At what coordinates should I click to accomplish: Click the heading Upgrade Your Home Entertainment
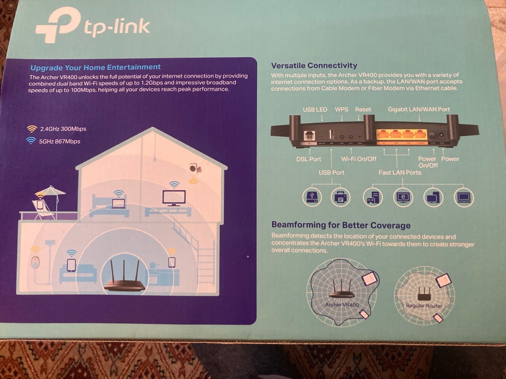[x=95, y=67]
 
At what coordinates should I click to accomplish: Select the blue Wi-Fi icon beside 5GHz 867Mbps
[x=32, y=141]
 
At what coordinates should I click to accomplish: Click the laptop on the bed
[x=118, y=203]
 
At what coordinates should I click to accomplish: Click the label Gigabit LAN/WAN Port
[x=419, y=109]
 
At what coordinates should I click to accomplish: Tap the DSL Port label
[x=308, y=159]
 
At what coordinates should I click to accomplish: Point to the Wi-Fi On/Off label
[x=358, y=159]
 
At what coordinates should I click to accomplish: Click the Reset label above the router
[x=363, y=109]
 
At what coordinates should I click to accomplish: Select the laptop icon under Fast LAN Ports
[x=464, y=197]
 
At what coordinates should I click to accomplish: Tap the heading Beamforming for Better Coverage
[x=340, y=225]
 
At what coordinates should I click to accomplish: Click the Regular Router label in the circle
[x=424, y=305]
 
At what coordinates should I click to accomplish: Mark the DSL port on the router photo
[x=306, y=136]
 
